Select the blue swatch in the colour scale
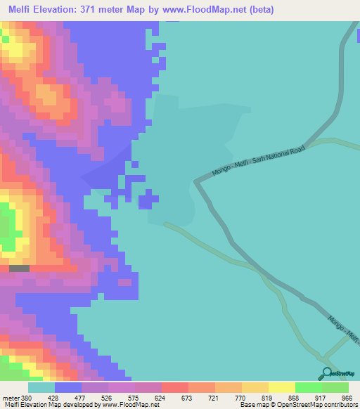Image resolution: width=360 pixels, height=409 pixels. click(x=67, y=387)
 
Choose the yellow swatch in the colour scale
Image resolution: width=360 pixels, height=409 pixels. click(x=281, y=387)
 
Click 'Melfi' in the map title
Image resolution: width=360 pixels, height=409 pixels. click(x=22, y=10)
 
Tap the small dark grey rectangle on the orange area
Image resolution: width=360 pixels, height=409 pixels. click(x=19, y=268)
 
